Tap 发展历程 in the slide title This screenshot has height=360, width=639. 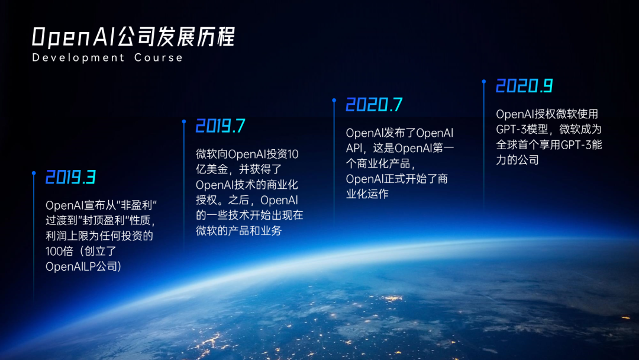point(196,37)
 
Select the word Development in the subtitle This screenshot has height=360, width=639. point(78,57)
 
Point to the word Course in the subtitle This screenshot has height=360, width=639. point(159,57)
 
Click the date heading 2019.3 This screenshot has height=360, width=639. point(70,177)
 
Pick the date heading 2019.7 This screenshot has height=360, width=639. point(221,126)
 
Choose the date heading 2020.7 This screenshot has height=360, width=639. point(374,105)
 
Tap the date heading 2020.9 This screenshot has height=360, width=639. point(524,86)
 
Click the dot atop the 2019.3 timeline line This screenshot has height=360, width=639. point(34,173)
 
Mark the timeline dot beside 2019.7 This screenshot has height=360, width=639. point(184,121)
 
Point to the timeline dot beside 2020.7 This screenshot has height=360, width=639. point(334,100)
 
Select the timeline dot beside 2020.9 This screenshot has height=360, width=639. point(484,82)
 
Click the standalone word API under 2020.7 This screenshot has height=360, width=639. point(354,148)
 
